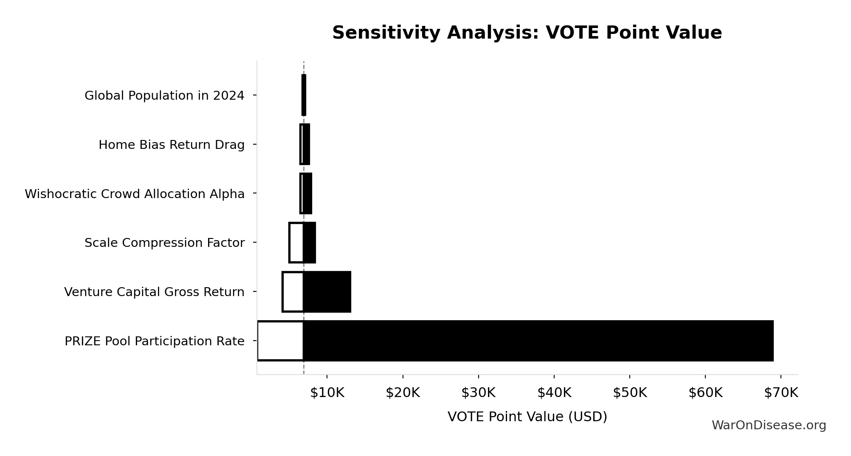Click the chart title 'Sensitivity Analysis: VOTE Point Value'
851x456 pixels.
click(x=527, y=33)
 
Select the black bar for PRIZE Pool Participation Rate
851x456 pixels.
click(x=538, y=341)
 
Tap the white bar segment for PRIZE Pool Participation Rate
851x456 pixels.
click(x=280, y=341)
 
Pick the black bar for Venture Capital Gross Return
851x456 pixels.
click(x=327, y=292)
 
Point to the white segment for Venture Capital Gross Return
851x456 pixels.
click(x=293, y=292)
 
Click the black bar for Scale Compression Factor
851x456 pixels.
click(x=310, y=243)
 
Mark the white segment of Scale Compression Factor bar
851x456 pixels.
click(x=296, y=243)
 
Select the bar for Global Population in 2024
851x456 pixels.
click(x=304, y=95)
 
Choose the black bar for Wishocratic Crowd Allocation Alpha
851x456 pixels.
click(x=307, y=193)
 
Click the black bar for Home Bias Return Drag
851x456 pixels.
click(x=306, y=144)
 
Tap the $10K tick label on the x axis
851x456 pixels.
click(x=327, y=393)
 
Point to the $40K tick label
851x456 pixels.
click(x=554, y=393)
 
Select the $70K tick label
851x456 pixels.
click(x=781, y=393)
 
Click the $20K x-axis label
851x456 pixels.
click(x=403, y=393)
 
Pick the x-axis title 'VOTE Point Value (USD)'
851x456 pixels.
click(x=527, y=417)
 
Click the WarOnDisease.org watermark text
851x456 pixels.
click(x=769, y=425)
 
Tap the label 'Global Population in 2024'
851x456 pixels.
click(x=164, y=96)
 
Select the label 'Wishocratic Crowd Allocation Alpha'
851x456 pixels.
click(x=135, y=194)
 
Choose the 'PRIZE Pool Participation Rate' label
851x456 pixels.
click(x=155, y=341)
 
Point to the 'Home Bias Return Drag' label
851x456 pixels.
click(x=172, y=145)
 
